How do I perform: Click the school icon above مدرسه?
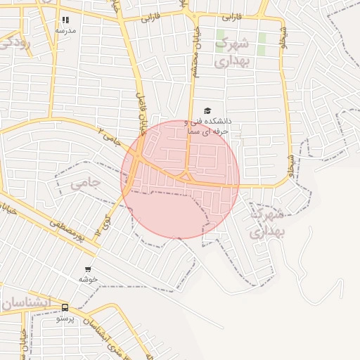[x=65, y=20]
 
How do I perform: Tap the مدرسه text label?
[x=65, y=30]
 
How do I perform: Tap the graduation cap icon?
[x=207, y=111]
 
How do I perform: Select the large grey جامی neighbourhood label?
[x=86, y=184]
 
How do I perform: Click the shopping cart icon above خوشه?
[x=88, y=269]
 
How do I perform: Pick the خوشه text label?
[x=88, y=279]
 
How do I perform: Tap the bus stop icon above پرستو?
[x=65, y=307]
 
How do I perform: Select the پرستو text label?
[x=65, y=318]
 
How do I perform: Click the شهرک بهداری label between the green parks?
[x=232, y=52]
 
